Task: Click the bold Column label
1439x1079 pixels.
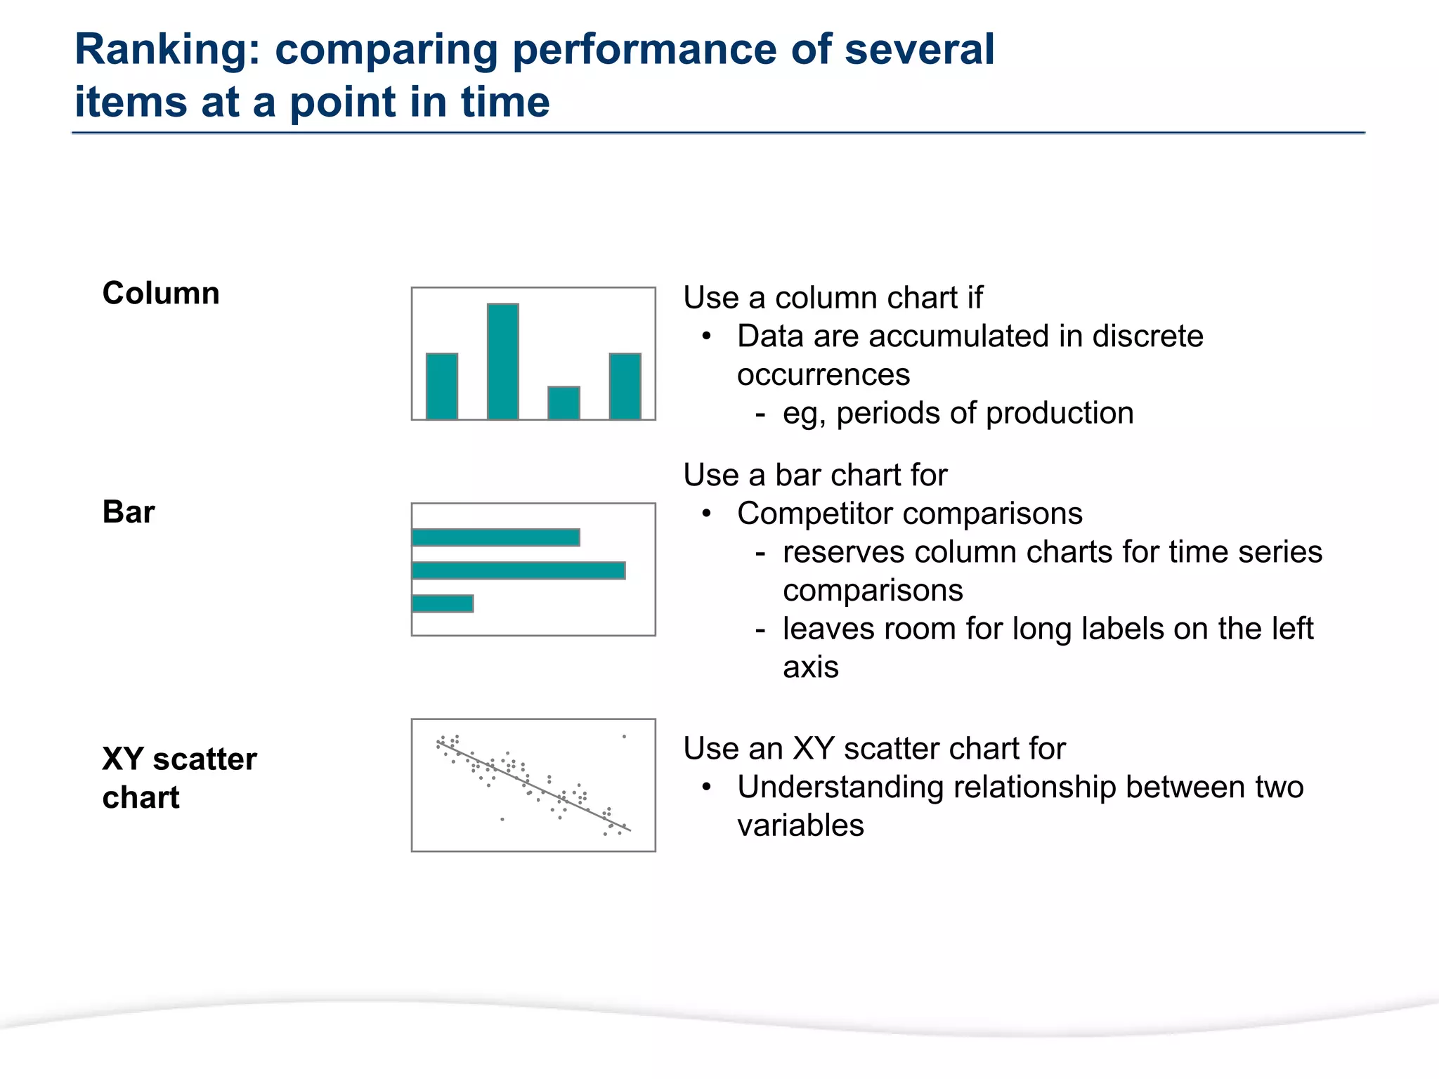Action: (161, 294)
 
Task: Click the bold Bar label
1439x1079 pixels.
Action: (129, 512)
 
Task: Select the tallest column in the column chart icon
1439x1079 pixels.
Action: (503, 361)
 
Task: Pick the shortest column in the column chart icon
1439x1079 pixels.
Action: (564, 403)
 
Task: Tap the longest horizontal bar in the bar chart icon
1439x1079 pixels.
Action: (519, 570)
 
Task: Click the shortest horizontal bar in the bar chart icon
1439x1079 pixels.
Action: (443, 603)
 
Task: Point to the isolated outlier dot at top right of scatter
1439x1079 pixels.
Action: (624, 737)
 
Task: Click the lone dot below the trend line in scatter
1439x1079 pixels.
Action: (502, 819)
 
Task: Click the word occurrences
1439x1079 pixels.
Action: (823, 375)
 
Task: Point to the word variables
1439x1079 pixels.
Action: (800, 825)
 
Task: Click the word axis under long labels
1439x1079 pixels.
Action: (811, 667)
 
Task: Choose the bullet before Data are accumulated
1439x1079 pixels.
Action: (707, 336)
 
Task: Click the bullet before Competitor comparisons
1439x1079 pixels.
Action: (707, 514)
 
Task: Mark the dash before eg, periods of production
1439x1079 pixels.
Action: (760, 413)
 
